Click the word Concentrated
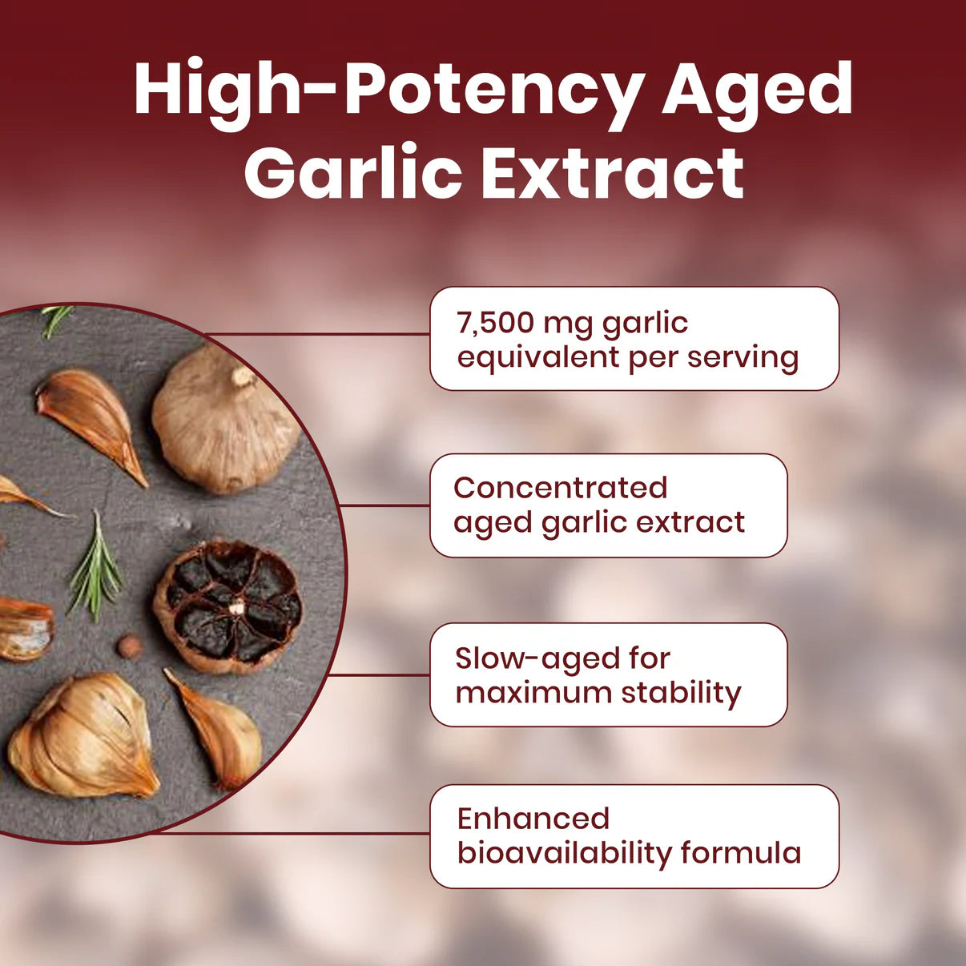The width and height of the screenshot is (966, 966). (560, 487)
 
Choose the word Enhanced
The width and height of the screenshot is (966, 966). (533, 818)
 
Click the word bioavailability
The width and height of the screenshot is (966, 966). (564, 853)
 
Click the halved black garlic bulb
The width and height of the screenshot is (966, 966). (228, 606)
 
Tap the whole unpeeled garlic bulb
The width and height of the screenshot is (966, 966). (225, 421)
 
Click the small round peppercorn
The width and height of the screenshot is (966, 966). (127, 646)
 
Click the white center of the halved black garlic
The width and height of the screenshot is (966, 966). (236, 609)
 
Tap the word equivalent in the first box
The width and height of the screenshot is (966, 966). (537, 357)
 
